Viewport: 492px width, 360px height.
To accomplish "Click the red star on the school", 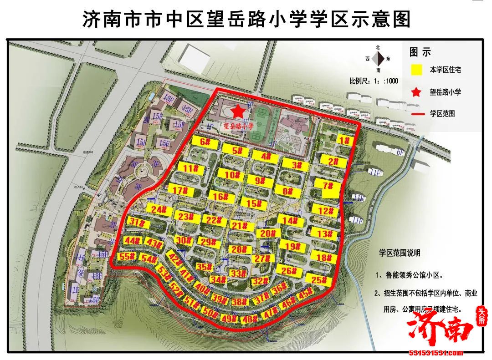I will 238,112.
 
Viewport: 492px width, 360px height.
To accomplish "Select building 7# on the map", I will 328,187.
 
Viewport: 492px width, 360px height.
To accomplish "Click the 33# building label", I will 236,274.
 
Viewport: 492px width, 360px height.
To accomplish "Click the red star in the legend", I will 415,92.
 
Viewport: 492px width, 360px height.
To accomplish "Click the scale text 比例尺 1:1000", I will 374,81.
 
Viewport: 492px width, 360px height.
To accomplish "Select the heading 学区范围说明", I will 400,253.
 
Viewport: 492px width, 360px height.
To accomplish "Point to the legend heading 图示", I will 420,52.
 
